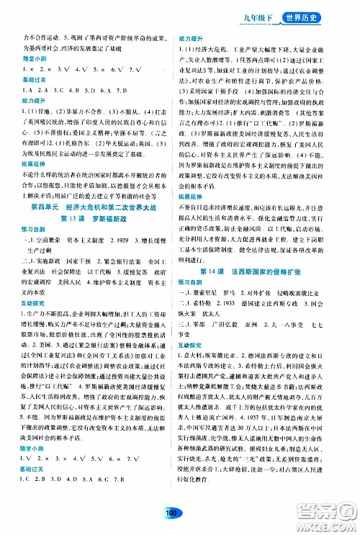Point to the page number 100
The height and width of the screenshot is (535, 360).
point(171,512)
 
